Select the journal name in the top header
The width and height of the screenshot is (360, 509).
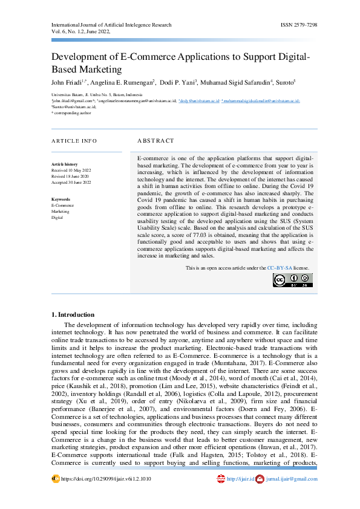[112, 25]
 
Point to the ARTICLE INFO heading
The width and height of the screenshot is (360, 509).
[73, 140]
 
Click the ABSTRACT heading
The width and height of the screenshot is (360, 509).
[155, 140]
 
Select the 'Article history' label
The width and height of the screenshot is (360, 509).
[64, 164]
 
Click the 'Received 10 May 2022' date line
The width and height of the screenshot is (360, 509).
[71, 170]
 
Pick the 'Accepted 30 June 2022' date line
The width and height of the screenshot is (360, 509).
[71, 182]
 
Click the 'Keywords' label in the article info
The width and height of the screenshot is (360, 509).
[61, 199]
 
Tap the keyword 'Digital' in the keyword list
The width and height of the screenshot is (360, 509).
[57, 217]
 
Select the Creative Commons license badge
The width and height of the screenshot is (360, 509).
[293, 280]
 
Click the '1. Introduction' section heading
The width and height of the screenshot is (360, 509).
[73, 314]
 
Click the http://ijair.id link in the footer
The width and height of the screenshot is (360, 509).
[238, 479]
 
